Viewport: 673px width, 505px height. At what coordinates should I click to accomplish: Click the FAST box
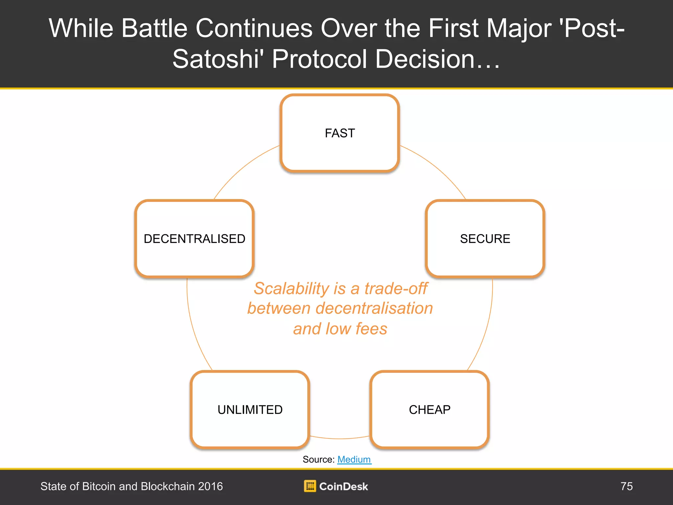pos(340,133)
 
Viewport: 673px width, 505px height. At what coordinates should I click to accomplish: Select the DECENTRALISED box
pos(195,239)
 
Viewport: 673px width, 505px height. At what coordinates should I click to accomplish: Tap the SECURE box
pos(485,239)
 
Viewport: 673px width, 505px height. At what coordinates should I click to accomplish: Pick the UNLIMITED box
pos(250,410)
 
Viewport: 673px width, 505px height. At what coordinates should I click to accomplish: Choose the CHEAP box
pos(429,410)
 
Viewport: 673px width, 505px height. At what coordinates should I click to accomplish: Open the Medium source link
pos(354,459)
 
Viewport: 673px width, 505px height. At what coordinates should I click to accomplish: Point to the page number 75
pos(627,486)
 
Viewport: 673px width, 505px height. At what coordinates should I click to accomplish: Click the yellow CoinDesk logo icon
pos(310,486)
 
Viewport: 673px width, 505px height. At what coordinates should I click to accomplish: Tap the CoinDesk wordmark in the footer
pos(344,486)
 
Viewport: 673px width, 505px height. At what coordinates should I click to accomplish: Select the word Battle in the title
pos(154,28)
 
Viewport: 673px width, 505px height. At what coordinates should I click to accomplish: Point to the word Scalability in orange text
pos(291,289)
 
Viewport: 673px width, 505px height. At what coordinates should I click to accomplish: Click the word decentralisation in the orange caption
pos(374,308)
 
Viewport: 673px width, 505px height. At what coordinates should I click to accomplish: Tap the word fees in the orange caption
pos(371,329)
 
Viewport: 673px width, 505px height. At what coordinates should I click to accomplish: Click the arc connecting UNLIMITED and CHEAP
pos(340,438)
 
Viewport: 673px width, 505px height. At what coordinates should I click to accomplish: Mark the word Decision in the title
pos(425,59)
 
